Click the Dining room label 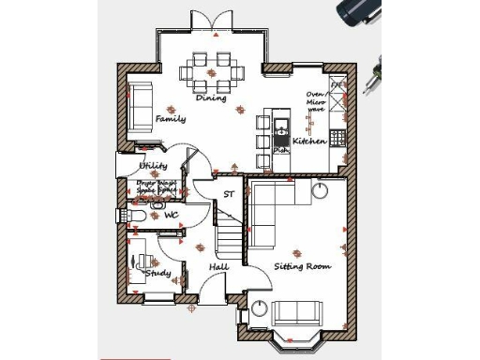(x=211, y=97)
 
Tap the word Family (x=171, y=119)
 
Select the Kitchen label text (x=309, y=141)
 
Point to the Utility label (x=153, y=165)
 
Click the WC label (x=172, y=216)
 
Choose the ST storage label (x=228, y=195)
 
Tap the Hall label (x=218, y=267)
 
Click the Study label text (x=157, y=273)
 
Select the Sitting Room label (x=302, y=266)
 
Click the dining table (x=212, y=67)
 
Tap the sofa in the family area (x=140, y=103)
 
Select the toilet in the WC (x=137, y=217)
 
